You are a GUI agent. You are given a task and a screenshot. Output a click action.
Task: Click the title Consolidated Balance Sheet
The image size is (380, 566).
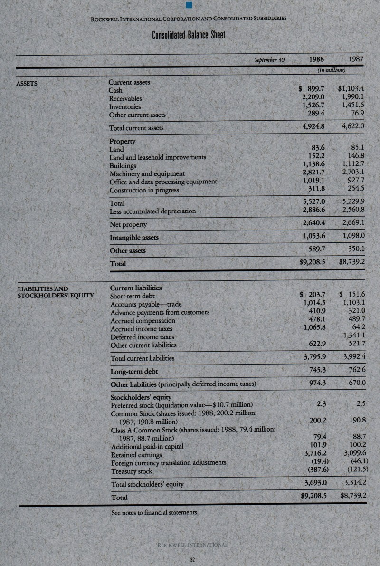pos(189,36)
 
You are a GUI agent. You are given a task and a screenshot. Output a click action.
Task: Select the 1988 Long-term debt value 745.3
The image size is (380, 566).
pos(316,371)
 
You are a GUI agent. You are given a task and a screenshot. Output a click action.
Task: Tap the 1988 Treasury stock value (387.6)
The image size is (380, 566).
pos(314,471)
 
